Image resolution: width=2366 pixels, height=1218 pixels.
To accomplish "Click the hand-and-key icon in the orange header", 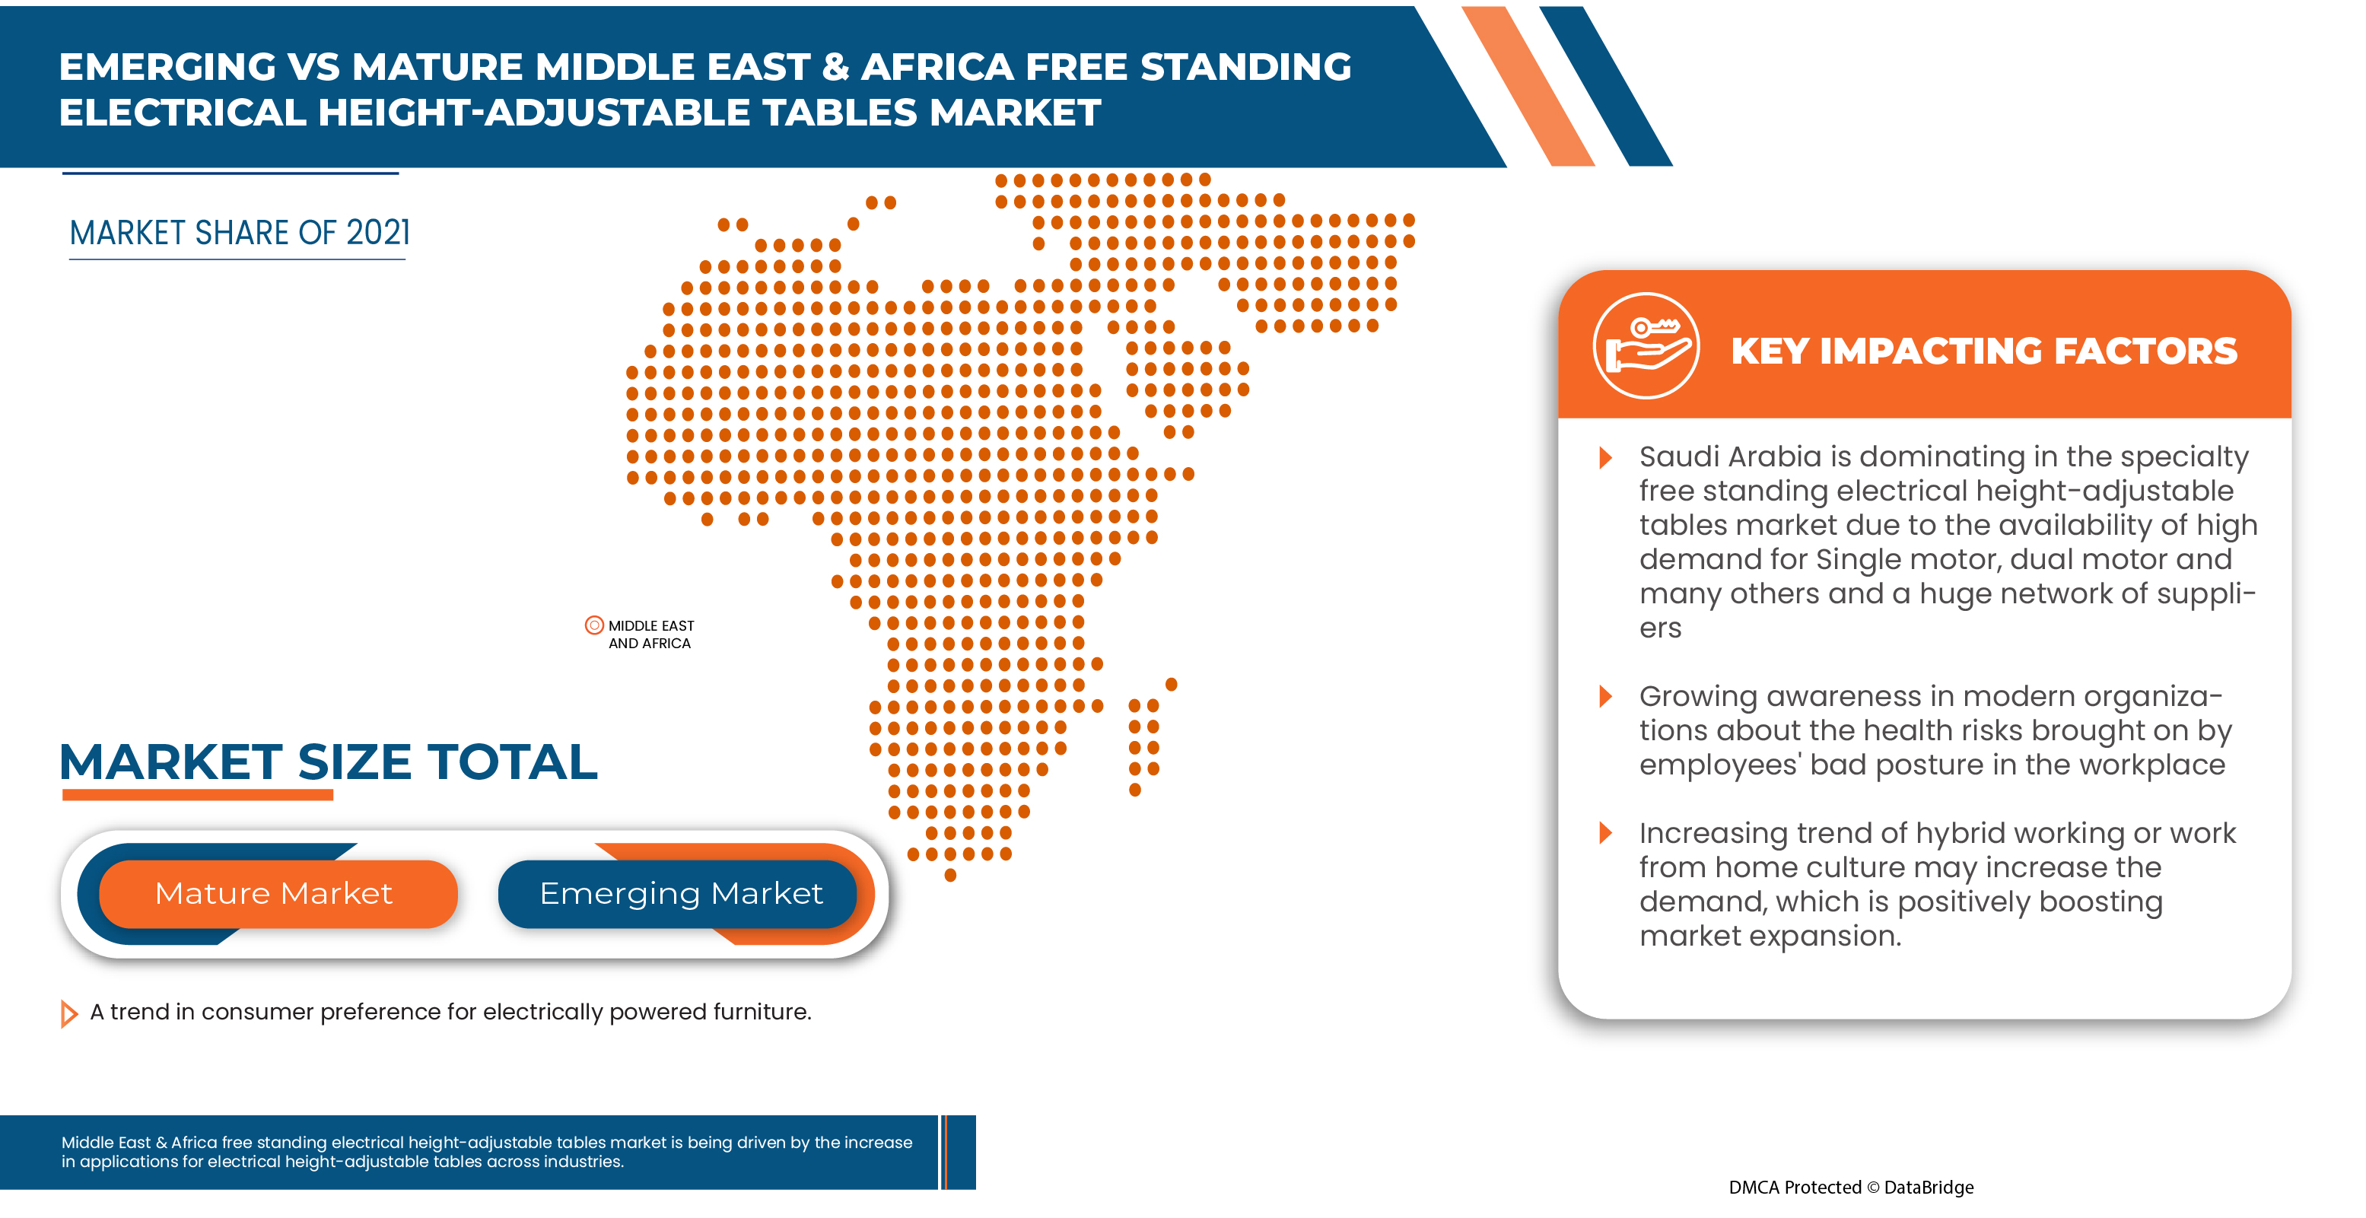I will coord(1645,346).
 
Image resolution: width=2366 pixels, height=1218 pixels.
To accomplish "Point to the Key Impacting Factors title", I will coord(1983,351).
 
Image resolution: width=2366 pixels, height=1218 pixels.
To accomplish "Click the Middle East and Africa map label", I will coord(650,634).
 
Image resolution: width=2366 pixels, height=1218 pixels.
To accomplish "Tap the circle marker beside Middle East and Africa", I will coord(594,625).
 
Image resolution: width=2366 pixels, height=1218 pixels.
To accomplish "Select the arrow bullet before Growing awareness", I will coord(1605,696).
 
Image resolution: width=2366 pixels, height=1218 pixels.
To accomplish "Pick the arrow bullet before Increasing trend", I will coord(1605,833).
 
